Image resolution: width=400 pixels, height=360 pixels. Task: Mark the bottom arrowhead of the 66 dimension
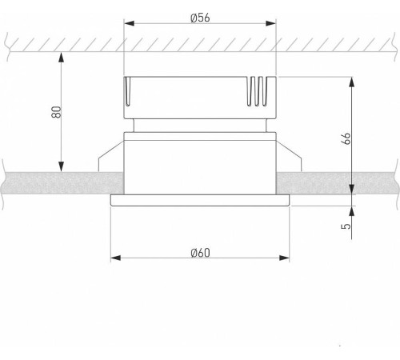[352, 190]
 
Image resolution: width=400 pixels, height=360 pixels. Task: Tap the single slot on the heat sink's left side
[128, 92]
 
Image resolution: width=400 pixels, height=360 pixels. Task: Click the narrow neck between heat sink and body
[199, 122]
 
